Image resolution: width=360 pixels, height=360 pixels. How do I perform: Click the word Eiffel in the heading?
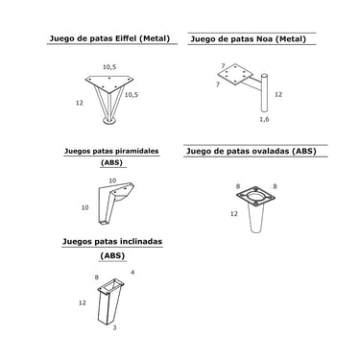(x=126, y=38)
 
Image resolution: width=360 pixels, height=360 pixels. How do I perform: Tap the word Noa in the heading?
(x=265, y=39)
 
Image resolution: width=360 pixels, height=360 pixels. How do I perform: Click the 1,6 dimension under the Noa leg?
(x=264, y=119)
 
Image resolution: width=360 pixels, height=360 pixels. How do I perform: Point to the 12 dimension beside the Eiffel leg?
(x=80, y=103)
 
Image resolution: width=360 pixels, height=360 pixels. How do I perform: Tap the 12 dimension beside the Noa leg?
(x=278, y=94)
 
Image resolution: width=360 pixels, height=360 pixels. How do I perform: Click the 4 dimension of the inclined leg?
(x=132, y=273)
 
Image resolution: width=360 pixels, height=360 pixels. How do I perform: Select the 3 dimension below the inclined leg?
(x=114, y=328)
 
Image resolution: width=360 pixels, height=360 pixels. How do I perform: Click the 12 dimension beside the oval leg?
(x=234, y=213)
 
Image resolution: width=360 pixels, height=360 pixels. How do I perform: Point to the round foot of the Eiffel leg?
(x=109, y=121)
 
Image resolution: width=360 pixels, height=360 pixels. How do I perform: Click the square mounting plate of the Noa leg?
(x=235, y=74)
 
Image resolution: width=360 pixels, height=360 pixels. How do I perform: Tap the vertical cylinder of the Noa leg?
(x=264, y=93)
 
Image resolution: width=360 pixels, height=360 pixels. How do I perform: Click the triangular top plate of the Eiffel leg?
(x=109, y=84)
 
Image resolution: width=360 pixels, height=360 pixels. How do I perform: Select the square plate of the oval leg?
(x=255, y=196)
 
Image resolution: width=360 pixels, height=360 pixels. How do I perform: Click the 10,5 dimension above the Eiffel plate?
(x=109, y=67)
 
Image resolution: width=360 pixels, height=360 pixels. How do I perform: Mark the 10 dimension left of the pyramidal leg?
(x=84, y=207)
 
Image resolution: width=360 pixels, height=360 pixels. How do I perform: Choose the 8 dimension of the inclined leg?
(x=97, y=277)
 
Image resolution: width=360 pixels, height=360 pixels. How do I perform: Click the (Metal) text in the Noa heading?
(x=291, y=39)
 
